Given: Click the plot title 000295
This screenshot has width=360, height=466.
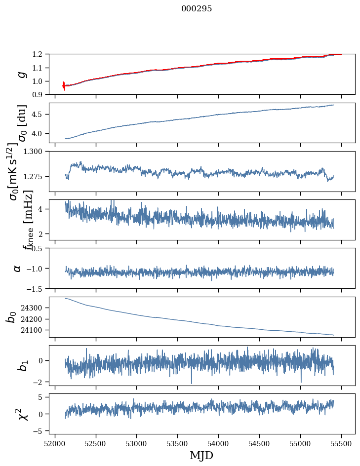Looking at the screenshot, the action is coord(197,8).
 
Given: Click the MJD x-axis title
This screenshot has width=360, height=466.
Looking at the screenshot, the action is coord(201,455).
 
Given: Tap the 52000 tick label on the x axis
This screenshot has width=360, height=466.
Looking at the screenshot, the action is coord(55,444).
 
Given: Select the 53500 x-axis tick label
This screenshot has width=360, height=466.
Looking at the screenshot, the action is coord(177,444).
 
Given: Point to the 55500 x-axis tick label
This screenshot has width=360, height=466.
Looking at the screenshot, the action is coord(341,444).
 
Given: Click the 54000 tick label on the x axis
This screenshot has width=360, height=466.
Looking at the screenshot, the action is coord(218,444).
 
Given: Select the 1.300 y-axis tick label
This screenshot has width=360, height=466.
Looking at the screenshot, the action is coord(33,152).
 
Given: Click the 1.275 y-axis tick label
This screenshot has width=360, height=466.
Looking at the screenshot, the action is coord(33,177).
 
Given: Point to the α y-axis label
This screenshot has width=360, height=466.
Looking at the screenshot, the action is coord(18,269).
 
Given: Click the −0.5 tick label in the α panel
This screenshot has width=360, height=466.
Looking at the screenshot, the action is coord(36,248).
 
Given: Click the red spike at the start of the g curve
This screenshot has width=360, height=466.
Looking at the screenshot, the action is coord(64,86).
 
